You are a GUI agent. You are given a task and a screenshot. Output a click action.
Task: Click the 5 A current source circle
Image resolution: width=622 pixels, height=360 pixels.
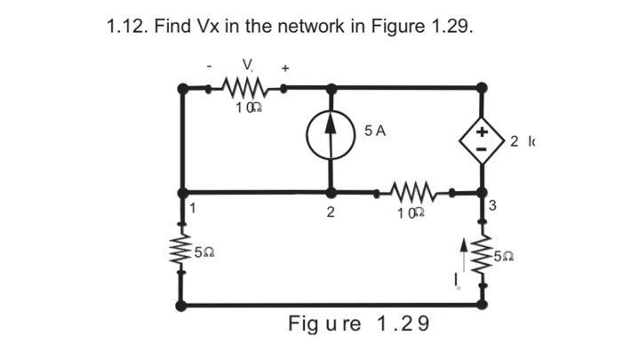331,140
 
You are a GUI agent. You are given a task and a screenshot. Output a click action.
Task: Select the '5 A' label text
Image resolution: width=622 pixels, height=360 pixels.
375,131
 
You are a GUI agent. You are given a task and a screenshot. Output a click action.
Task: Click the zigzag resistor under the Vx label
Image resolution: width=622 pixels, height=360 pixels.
242,88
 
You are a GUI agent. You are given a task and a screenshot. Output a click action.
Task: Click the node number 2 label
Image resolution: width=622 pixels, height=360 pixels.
331,212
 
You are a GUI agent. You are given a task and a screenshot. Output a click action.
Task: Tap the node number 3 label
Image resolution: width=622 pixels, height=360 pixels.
493,207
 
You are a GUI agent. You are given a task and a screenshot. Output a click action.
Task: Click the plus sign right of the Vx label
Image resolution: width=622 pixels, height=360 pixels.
286,67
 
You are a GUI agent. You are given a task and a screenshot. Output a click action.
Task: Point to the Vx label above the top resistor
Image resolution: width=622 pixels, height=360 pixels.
247,65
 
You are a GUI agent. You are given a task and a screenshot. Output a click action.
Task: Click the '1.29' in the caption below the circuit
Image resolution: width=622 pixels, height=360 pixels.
403,323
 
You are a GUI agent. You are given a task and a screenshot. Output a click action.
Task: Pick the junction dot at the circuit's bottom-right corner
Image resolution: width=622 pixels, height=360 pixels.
482,305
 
